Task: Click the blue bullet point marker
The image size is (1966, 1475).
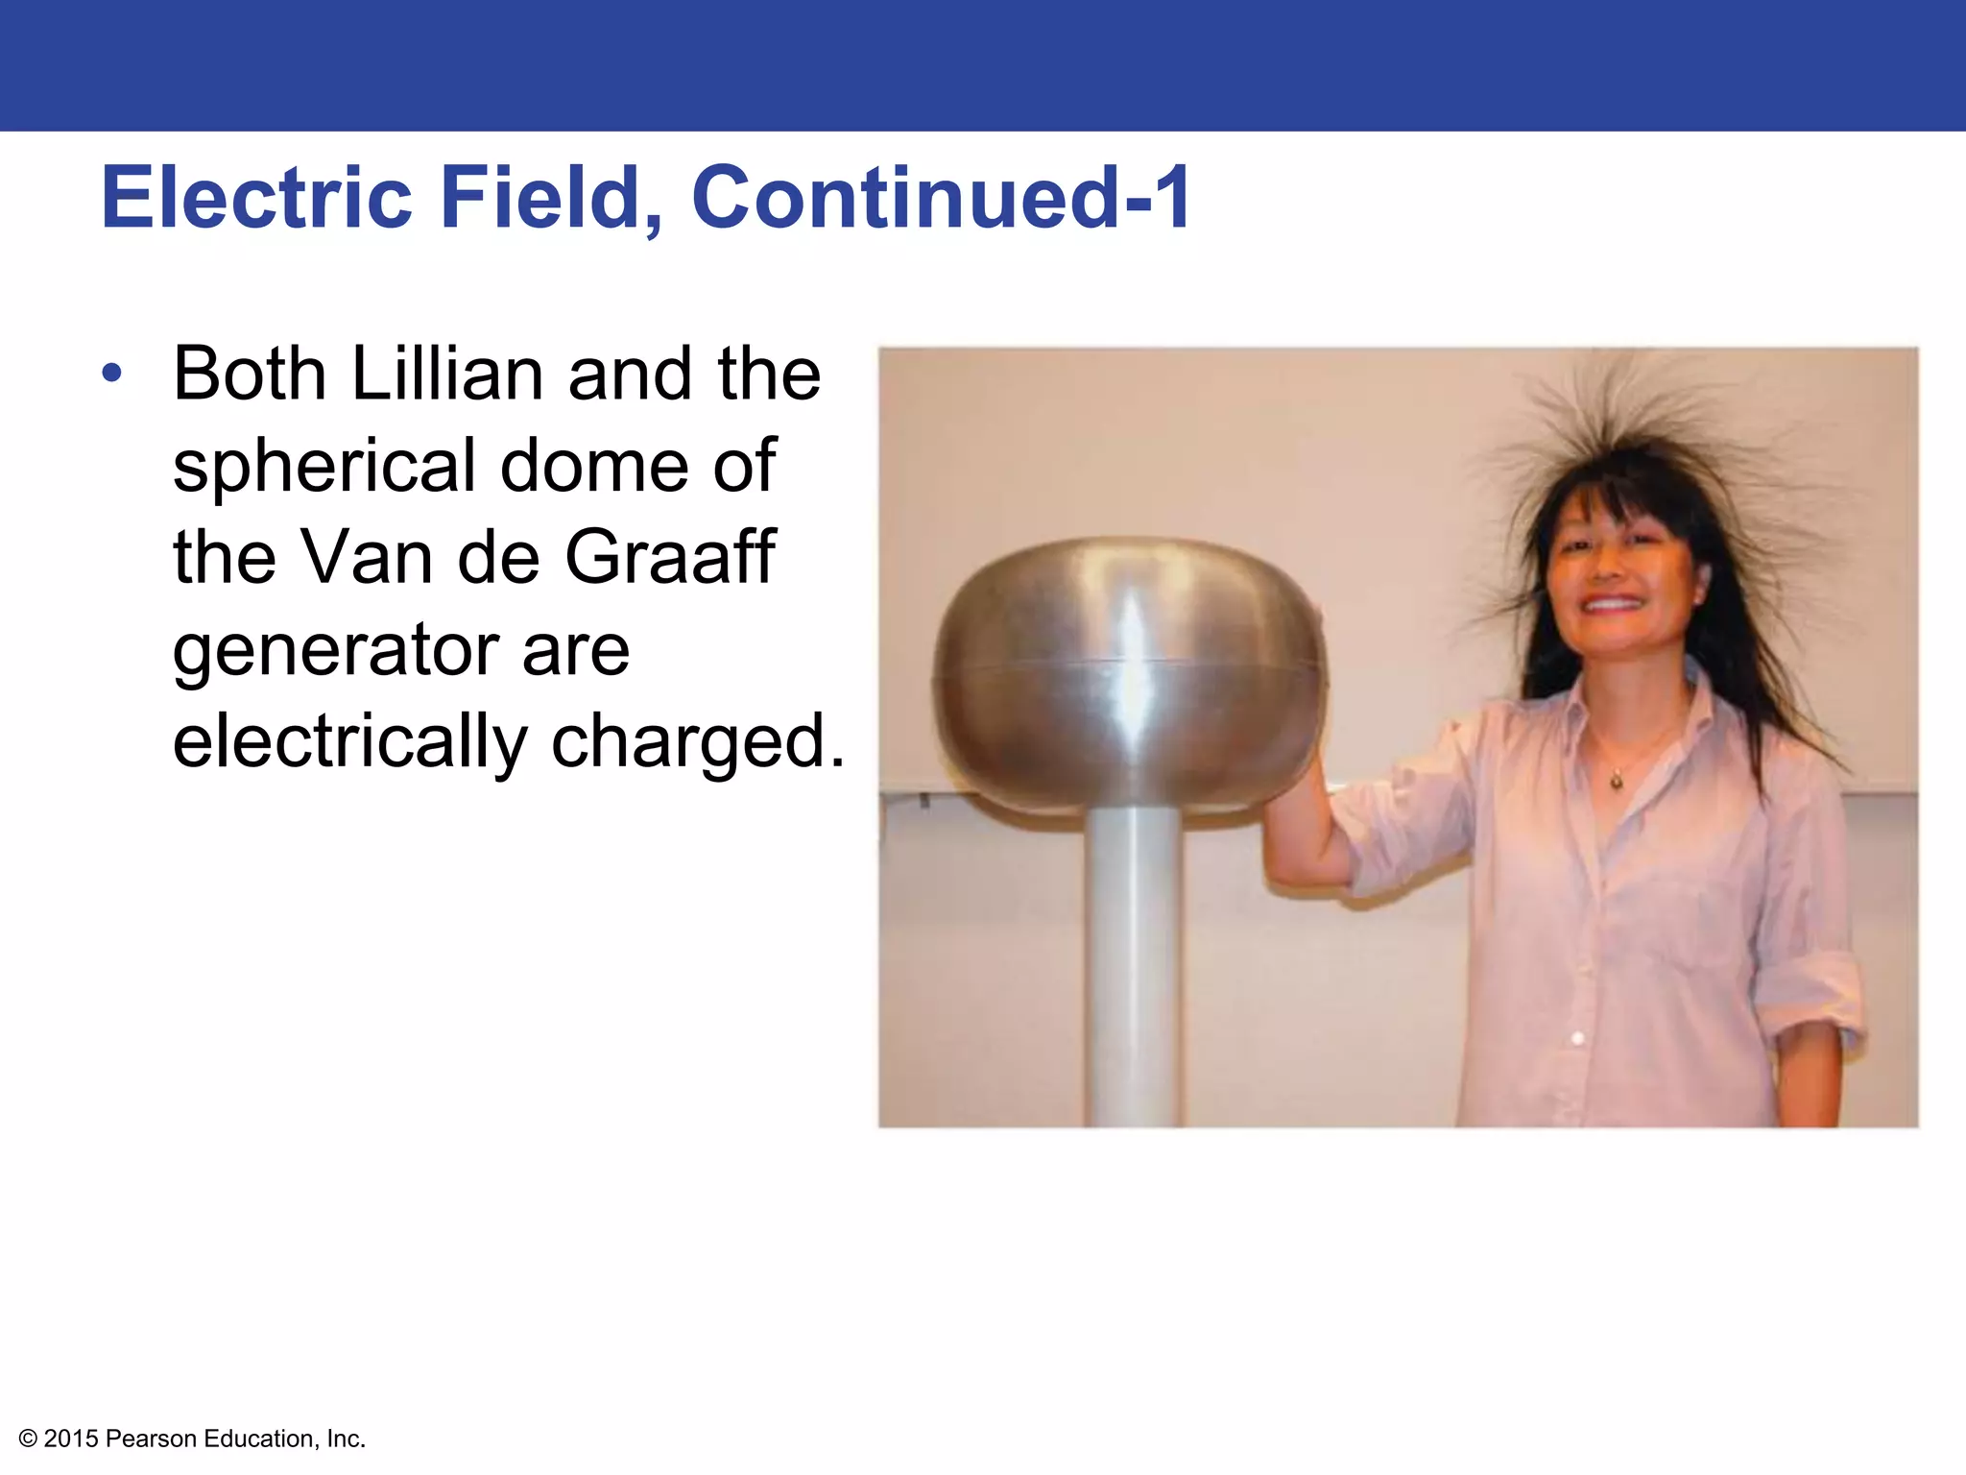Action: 112,374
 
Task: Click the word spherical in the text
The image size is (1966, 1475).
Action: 324,467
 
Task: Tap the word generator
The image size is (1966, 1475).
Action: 335,650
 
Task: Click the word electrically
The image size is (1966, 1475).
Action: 349,742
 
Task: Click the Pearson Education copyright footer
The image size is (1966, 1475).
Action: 192,1439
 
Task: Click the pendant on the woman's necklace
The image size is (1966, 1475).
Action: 1617,782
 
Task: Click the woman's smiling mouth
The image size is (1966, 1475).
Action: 1611,604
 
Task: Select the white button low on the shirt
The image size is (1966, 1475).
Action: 1577,1038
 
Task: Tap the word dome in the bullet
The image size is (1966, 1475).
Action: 594,467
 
